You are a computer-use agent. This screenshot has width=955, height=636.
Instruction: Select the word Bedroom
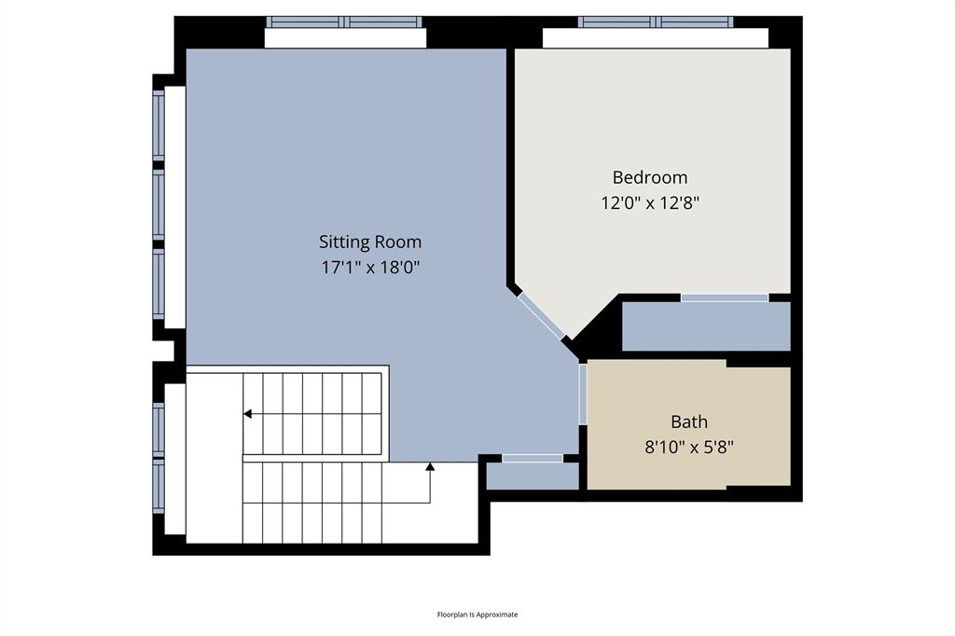(649, 177)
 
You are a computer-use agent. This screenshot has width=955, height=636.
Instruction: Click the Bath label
(689, 422)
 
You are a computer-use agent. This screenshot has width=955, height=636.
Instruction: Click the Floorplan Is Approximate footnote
(477, 615)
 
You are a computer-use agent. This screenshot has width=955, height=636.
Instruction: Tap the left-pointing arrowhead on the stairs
(248, 413)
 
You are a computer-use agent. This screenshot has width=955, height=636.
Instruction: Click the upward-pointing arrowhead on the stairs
(430, 465)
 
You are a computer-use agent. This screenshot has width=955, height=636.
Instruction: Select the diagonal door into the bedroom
(542, 317)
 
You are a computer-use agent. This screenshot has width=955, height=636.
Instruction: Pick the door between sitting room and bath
(582, 393)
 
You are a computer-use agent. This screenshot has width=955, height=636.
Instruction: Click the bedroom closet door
(724, 297)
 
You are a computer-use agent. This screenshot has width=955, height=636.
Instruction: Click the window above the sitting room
(344, 21)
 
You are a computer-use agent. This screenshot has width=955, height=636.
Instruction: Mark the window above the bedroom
(655, 21)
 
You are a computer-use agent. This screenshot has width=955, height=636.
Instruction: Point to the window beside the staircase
(159, 457)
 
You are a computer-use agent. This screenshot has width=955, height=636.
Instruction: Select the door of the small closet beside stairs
(533, 458)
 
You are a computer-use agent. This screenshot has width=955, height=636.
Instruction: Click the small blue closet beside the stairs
(533, 476)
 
